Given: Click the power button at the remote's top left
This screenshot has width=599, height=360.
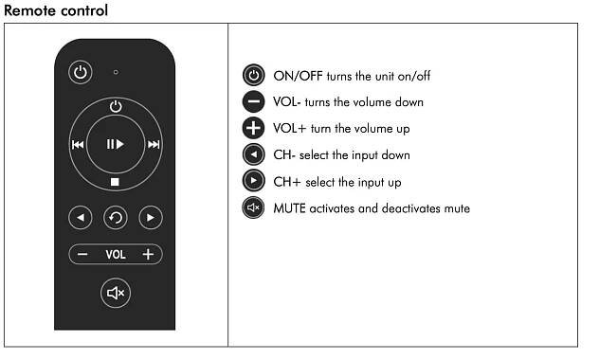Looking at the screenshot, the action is tap(81, 72).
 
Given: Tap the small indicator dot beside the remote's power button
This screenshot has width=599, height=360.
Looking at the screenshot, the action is tap(116, 72).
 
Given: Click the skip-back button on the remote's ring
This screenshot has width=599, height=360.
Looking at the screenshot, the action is tap(78, 144).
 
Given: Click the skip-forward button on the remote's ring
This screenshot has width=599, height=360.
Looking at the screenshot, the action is tap(154, 144).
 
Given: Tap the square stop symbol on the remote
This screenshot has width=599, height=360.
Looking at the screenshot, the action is tap(115, 182).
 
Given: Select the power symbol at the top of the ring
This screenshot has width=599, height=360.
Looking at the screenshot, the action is tap(116, 106).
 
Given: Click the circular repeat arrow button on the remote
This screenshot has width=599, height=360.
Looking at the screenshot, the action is tap(116, 218).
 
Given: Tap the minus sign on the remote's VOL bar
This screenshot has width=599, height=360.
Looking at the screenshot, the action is tap(82, 254).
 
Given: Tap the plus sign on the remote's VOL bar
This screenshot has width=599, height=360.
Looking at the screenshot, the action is tap(148, 254).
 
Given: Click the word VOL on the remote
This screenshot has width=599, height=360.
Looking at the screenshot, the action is tap(116, 255).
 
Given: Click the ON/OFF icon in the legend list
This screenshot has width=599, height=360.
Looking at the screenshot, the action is tap(253, 75).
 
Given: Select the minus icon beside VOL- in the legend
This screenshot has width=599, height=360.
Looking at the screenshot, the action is tap(253, 102).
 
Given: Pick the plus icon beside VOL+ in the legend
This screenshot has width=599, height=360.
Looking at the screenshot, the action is tap(253, 128).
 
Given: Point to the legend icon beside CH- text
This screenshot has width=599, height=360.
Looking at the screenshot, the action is tap(253, 154).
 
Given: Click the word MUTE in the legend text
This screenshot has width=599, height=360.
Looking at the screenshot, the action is tap(289, 208).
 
